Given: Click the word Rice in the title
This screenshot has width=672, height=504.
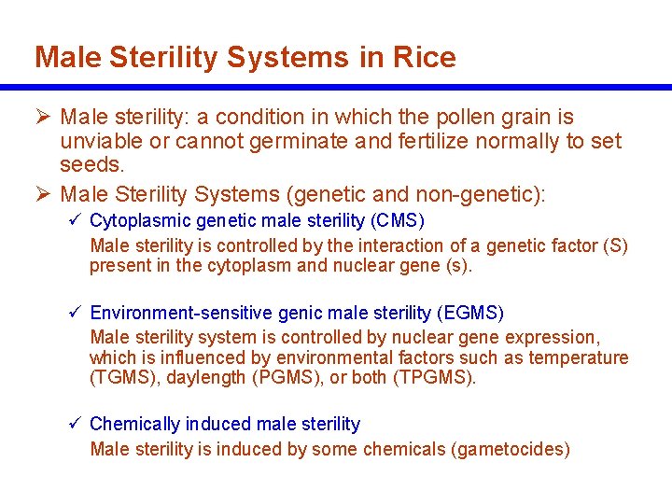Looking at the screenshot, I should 425,58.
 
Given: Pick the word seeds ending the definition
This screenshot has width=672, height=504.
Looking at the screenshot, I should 91,166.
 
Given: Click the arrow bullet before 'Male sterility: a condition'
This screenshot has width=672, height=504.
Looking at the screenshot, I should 43,118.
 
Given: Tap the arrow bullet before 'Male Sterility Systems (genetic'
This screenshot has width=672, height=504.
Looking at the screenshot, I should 43,194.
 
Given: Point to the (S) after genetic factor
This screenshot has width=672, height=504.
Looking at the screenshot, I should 615,246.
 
